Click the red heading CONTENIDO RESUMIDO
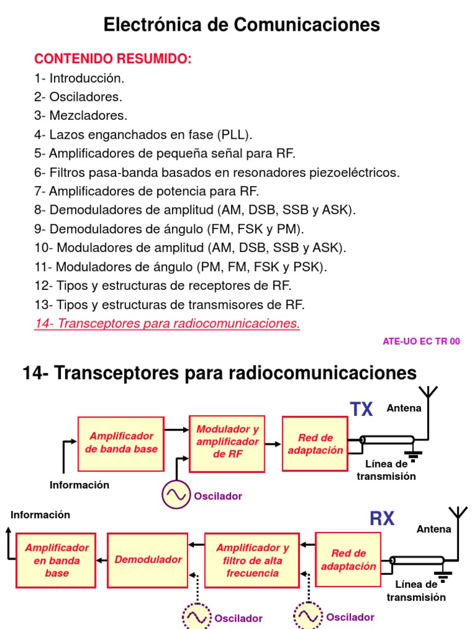(113, 59)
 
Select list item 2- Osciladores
(79, 96)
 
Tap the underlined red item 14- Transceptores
(167, 324)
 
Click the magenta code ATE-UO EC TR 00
(421, 342)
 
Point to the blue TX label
(361, 409)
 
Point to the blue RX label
(382, 519)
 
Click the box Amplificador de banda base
(121, 443)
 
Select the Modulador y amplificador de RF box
(228, 442)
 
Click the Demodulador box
(148, 560)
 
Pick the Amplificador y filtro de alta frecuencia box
(253, 560)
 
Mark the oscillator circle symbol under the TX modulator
(176, 495)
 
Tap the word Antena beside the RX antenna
(434, 529)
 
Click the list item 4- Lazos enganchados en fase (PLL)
(144, 135)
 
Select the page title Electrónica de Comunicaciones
(242, 25)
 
